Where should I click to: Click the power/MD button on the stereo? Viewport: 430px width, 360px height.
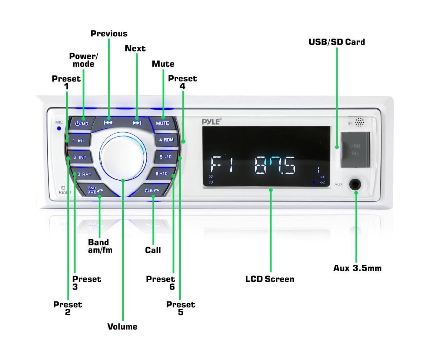pos(81,123)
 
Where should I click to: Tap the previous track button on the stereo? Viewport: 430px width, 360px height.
pos(108,123)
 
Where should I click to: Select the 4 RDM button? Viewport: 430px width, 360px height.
pos(166,140)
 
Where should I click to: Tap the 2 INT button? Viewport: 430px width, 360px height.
pos(80,158)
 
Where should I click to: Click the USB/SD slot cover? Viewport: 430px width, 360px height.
pos(355,149)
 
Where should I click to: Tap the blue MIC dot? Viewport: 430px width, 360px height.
pos(59,129)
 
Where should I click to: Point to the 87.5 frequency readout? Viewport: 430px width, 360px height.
pos(276,165)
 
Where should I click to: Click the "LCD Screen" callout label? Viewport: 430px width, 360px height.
pos(270,279)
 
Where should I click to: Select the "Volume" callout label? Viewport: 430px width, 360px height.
pos(122,327)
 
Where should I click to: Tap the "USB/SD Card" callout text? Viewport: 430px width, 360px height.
pos(337,42)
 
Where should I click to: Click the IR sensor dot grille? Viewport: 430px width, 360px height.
pos(360,122)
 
